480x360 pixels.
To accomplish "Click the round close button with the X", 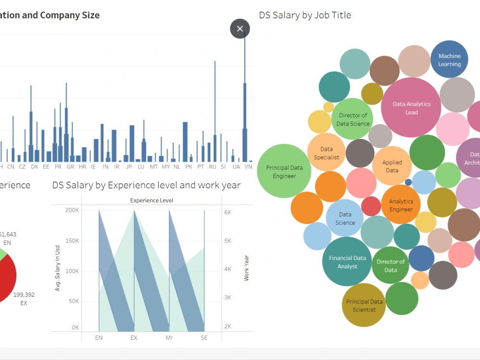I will point(240,29).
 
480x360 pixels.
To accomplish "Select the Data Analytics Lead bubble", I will point(411,108).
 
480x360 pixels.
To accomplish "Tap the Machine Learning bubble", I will point(449,60).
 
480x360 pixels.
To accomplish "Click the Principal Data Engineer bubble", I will point(284,171).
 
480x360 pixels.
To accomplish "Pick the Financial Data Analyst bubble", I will point(347,262).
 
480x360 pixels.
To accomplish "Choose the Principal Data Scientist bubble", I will point(364,305).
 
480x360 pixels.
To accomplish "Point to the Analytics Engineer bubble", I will point(401,205).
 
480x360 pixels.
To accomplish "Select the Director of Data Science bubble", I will point(353,119).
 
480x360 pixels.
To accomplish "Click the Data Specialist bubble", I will point(326,153).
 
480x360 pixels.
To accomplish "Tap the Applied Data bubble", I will point(392,166).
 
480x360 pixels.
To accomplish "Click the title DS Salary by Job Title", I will point(305,15).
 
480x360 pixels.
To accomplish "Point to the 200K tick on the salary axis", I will point(72,210).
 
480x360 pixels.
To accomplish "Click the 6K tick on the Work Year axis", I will point(228,212).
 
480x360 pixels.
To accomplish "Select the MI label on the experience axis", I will point(169,338).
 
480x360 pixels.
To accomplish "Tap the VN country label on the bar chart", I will point(248,167).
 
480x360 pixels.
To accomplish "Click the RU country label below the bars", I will point(212,167).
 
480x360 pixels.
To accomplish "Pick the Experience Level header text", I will point(151,200).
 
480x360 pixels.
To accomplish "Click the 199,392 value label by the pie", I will point(24,295).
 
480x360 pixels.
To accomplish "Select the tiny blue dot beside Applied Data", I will point(408,182).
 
